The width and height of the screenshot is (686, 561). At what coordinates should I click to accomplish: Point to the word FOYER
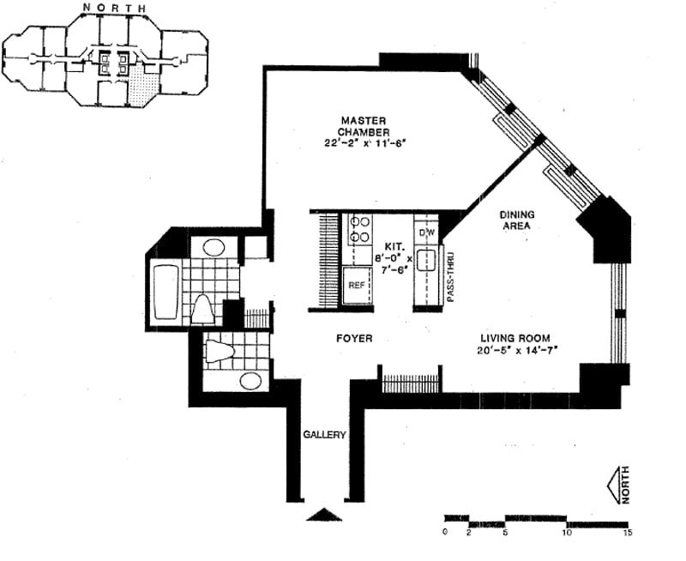click(x=353, y=339)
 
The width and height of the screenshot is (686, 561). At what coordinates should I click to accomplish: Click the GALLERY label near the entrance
click(x=324, y=435)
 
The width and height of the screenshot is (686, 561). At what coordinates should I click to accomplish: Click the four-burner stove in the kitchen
click(x=358, y=228)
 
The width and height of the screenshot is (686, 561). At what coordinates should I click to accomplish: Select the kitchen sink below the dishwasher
click(x=427, y=262)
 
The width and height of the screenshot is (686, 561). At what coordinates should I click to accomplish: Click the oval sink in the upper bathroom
click(x=214, y=247)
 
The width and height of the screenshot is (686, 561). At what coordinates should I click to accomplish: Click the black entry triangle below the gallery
click(x=324, y=515)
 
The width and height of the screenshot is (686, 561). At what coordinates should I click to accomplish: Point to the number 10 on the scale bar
click(x=566, y=533)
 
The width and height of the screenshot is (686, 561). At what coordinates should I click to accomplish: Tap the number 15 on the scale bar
click(x=628, y=533)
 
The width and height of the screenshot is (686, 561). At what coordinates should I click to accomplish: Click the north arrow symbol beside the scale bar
click(x=618, y=486)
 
